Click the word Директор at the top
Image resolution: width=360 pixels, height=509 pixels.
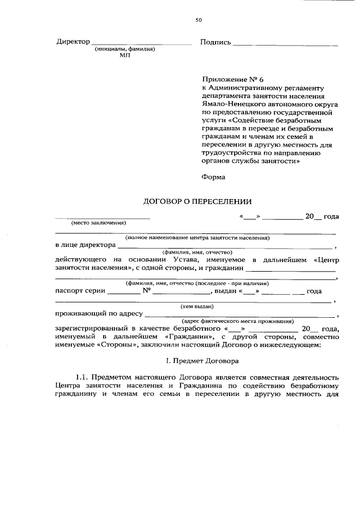[73, 42]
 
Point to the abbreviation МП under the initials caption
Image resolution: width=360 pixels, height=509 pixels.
[124, 56]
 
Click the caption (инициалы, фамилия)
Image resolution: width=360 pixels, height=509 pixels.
[125, 49]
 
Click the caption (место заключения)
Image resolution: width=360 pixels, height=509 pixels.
[97, 223]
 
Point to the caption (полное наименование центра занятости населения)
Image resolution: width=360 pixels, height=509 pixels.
[197, 238]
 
